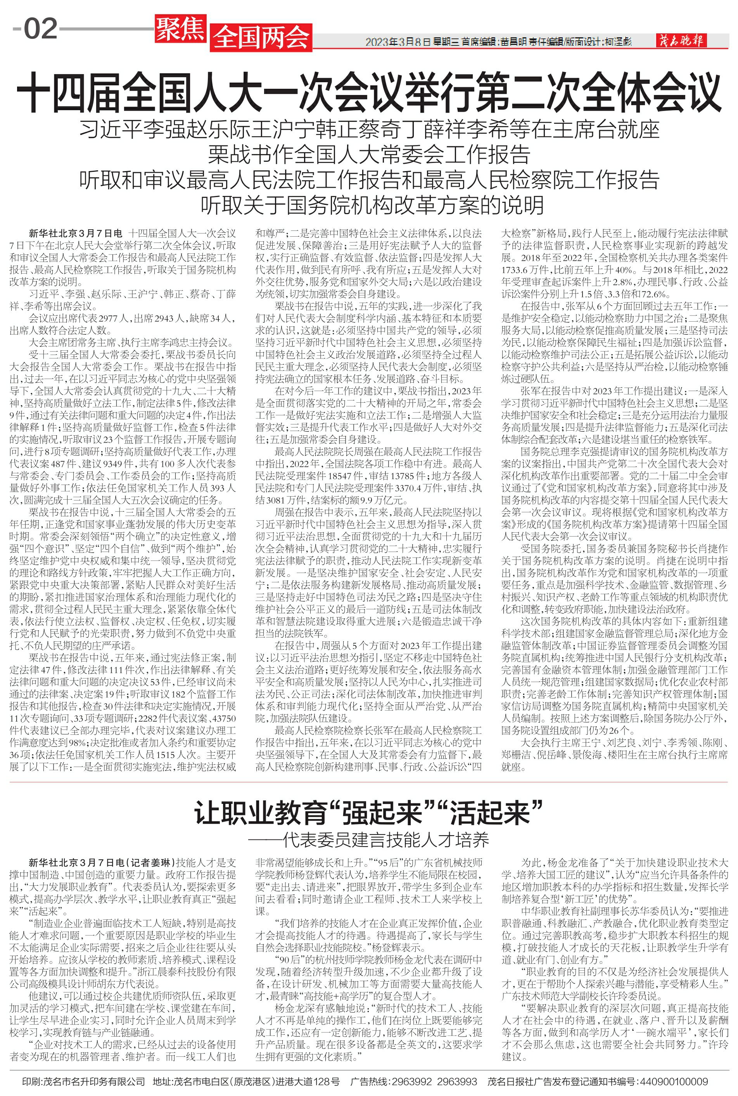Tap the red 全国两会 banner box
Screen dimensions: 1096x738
point(262,37)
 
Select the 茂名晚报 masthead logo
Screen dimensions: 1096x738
point(681,42)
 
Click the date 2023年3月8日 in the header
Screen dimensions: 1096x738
point(398,42)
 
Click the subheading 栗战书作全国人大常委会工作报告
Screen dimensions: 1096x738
point(369,154)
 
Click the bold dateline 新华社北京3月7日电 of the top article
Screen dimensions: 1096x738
point(75,233)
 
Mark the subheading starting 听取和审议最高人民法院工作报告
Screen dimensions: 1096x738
point(369,179)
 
